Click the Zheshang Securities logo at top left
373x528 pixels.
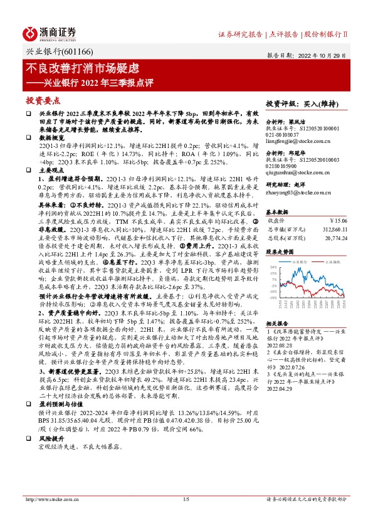point(50,33)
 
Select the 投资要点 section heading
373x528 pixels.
point(43,100)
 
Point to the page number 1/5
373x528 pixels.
point(186,517)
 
